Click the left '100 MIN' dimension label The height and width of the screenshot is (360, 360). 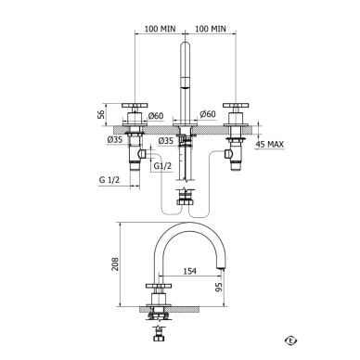click(160, 29)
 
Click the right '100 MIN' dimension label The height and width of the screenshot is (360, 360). click(211, 29)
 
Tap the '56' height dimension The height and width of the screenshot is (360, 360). click(101, 114)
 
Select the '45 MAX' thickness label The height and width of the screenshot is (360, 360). click(270, 144)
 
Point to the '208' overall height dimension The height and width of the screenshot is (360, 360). click(115, 264)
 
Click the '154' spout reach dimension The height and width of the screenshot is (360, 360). click(190, 271)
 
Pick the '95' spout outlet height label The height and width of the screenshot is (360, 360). click(219, 288)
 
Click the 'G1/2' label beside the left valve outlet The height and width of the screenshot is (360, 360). click(162, 166)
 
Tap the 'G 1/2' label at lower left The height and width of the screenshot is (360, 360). click(109, 180)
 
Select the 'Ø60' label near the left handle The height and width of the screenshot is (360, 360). click(156, 116)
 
